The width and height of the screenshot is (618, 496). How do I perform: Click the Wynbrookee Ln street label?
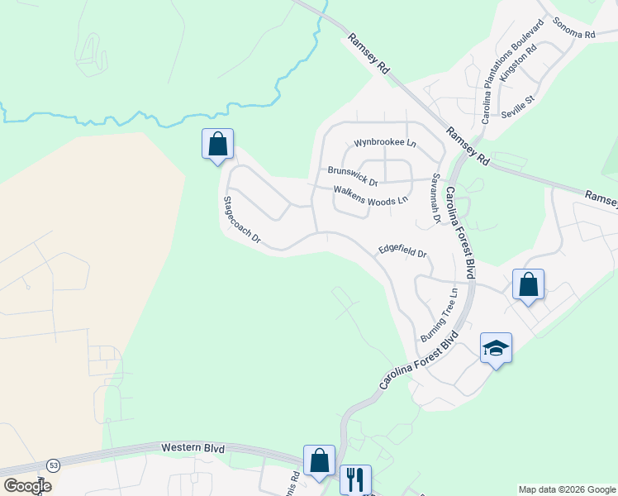coord(385,143)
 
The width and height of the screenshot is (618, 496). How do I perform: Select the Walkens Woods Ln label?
coord(371,195)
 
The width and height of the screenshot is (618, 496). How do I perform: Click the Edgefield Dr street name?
coord(402,250)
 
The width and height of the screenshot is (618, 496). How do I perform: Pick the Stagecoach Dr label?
coord(241,221)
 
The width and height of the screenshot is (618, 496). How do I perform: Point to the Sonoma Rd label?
coord(574,29)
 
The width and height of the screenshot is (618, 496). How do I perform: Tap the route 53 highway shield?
coord(54,465)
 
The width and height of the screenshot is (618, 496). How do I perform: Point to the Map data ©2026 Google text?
coord(566,489)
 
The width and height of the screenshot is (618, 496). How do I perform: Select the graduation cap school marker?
coord(496,348)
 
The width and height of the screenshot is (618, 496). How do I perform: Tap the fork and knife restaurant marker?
coord(355,479)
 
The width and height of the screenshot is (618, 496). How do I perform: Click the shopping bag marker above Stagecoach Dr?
coord(217,144)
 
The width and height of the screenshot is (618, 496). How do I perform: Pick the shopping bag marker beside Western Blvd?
coord(319,460)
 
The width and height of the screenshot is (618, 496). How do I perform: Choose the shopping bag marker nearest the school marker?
coord(529,284)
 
